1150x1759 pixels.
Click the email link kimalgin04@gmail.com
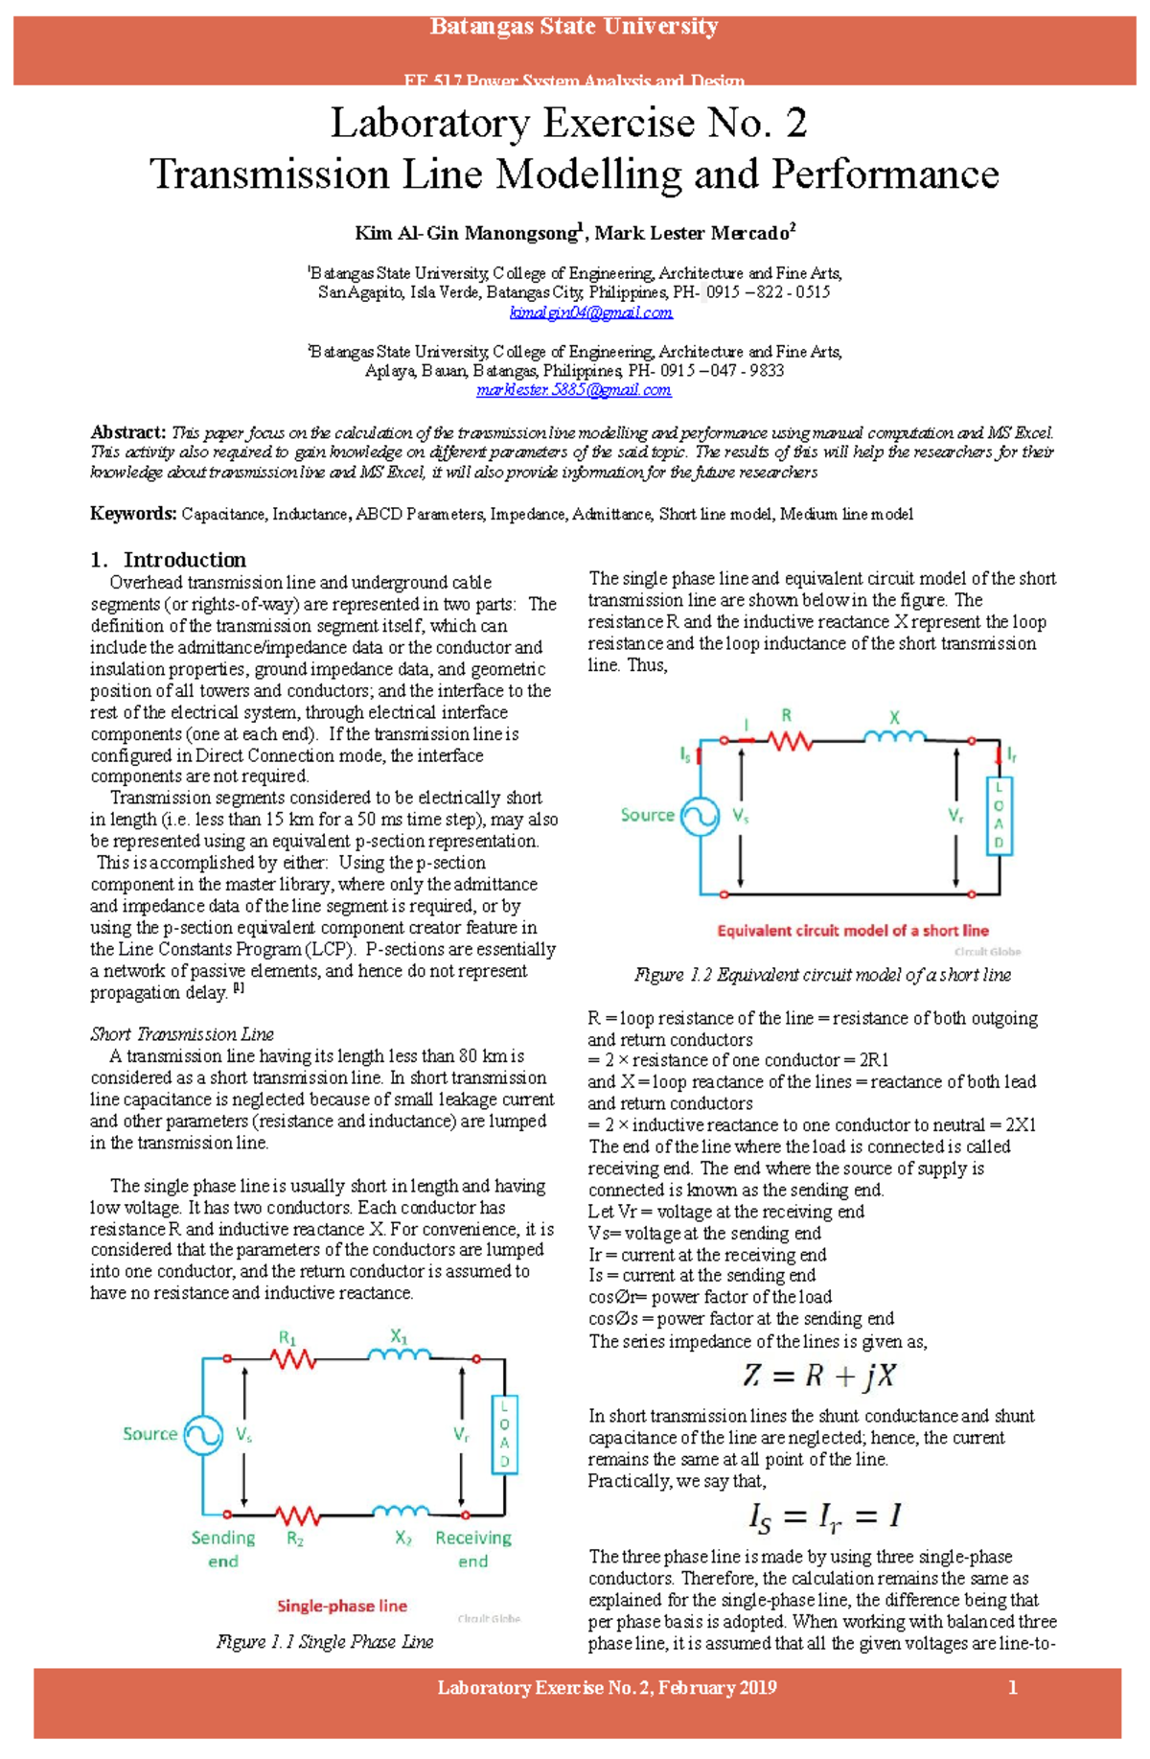coord(590,312)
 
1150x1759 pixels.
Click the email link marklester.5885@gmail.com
coord(573,390)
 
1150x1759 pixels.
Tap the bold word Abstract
coord(127,432)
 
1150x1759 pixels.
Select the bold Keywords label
coord(133,514)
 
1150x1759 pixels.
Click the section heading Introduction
coord(184,560)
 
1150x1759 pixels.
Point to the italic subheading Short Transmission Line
coord(181,1034)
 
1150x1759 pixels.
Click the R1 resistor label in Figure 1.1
coord(287,1337)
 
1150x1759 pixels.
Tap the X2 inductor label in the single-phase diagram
coord(403,1539)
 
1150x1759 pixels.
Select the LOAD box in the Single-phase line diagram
coord(504,1434)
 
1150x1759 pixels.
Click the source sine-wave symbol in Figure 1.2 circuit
coord(700,817)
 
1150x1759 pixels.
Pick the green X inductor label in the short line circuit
coord(894,717)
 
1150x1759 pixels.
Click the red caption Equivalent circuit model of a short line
coord(852,930)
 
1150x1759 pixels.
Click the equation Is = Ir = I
coord(823,1516)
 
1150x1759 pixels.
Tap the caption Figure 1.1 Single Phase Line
coord(324,1641)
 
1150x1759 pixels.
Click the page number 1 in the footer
coord(1013,1688)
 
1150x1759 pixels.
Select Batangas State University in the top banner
coord(573,27)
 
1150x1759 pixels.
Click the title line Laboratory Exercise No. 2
coord(568,123)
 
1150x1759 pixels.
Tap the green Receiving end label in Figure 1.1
coord(473,1549)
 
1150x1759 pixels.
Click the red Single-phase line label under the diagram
coord(341,1606)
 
